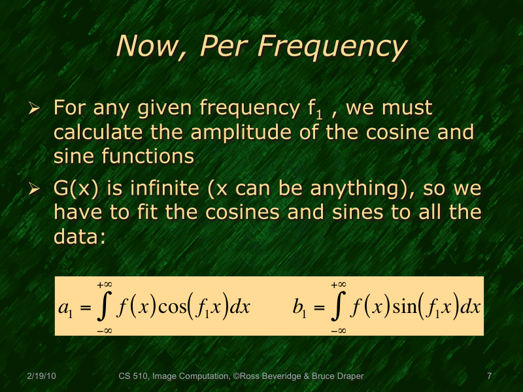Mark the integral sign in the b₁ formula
pos(338,308)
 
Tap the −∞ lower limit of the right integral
pos(338,331)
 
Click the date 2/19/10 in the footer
pos(41,377)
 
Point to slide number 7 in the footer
pos(488,377)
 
